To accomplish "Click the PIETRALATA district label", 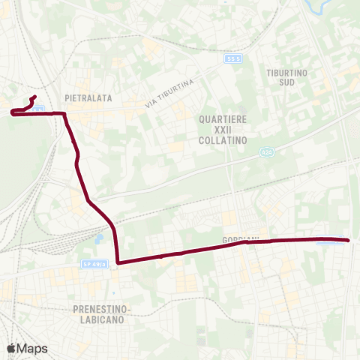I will click(x=88, y=97).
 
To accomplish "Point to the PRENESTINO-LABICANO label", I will click(x=103, y=313).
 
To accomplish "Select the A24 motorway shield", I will click(x=266, y=152).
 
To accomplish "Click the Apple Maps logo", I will click(x=27, y=348).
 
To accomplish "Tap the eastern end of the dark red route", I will click(x=349, y=240).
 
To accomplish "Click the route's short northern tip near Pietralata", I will click(x=34, y=97).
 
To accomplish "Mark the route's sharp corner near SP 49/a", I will click(x=118, y=262).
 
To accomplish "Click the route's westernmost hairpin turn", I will click(x=13, y=113).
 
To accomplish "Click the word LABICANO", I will click(x=103, y=319).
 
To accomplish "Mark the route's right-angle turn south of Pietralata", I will click(x=65, y=115).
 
